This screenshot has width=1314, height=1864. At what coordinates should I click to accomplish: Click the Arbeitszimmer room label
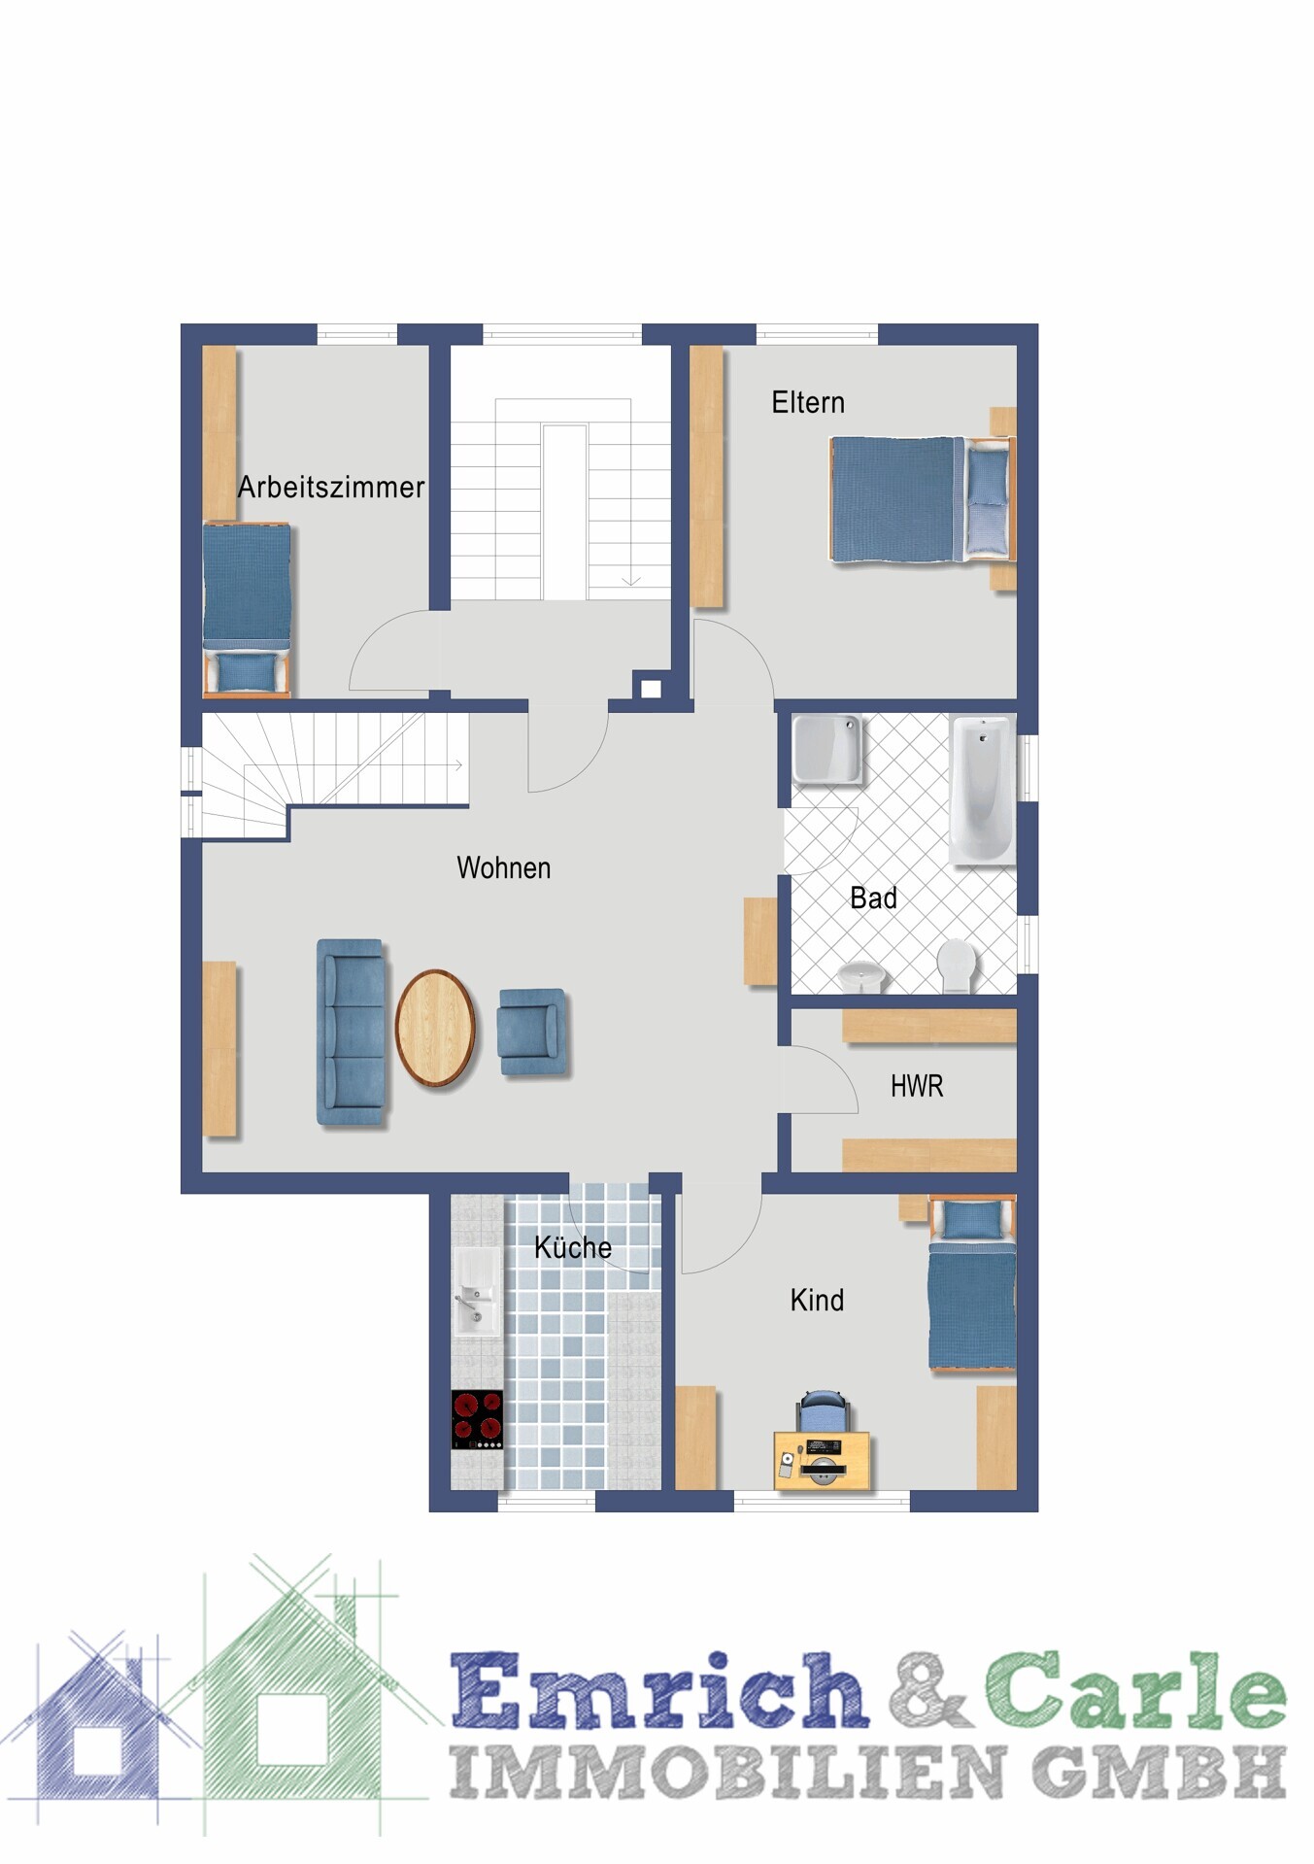[331, 487]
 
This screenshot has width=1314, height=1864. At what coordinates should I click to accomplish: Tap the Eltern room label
[808, 402]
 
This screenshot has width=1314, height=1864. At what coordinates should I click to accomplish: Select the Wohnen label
[504, 867]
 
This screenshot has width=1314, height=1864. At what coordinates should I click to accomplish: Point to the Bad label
[873, 898]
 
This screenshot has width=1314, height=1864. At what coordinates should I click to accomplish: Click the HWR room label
[917, 1086]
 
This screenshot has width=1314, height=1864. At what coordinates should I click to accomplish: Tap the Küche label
[573, 1246]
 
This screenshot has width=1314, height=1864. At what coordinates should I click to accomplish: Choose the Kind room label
[817, 1300]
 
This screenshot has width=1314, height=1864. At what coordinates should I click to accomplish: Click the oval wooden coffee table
[435, 1028]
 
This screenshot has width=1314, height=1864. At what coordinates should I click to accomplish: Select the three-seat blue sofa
[351, 1033]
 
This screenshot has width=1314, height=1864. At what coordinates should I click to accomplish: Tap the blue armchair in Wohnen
[531, 1031]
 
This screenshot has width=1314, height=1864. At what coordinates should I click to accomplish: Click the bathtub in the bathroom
[982, 790]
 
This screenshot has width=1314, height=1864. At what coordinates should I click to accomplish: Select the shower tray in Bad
[827, 749]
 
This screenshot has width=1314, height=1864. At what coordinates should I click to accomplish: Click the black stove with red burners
[477, 1419]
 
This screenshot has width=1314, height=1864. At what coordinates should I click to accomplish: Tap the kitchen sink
[477, 1292]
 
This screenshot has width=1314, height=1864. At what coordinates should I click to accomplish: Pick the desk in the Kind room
[822, 1460]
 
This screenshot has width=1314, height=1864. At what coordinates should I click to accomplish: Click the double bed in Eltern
[921, 499]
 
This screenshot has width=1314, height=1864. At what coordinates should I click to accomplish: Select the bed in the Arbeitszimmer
[247, 609]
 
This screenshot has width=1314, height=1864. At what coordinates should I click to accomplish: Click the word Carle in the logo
[1135, 1691]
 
